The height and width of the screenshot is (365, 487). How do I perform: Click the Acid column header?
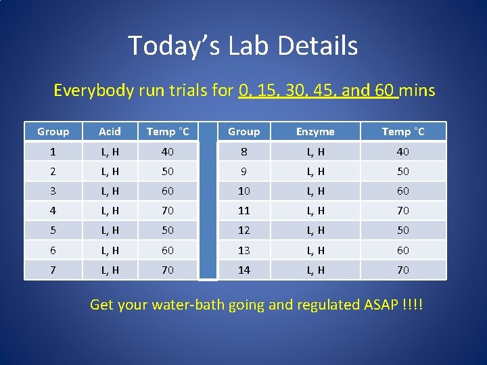click(x=110, y=132)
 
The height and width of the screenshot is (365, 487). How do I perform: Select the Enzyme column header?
click(x=315, y=132)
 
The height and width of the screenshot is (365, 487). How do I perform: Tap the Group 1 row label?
click(x=53, y=151)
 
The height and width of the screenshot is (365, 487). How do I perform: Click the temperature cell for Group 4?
click(x=168, y=210)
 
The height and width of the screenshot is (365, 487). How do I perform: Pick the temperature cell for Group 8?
click(x=403, y=151)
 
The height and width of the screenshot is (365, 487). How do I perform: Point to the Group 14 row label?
click(x=243, y=270)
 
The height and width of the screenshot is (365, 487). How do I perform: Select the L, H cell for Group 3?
click(x=110, y=191)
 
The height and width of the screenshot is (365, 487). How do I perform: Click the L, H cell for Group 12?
click(x=315, y=230)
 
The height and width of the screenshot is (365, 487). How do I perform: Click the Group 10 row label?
click(x=243, y=191)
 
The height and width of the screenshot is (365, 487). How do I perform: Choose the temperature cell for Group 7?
click(x=168, y=270)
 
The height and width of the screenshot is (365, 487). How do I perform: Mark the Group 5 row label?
click(x=53, y=230)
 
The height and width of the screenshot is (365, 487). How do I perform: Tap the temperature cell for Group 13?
click(x=403, y=250)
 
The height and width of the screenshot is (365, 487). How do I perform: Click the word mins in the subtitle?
click(x=418, y=90)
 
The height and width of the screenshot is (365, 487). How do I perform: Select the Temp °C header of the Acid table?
click(x=168, y=132)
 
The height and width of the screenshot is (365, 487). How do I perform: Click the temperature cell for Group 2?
click(x=168, y=171)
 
